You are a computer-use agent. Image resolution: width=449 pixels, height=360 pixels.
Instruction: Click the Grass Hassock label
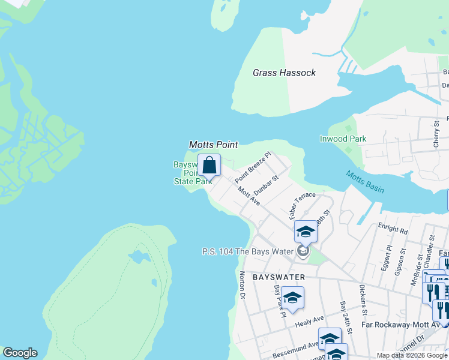pyautogui.click(x=284, y=73)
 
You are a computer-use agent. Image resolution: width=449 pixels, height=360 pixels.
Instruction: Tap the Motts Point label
pyautogui.click(x=214, y=145)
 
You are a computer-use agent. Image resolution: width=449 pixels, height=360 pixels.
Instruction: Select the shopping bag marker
pyautogui.click(x=209, y=165)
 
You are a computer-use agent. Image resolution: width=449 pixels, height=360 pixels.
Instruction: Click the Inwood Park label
pyautogui.click(x=343, y=139)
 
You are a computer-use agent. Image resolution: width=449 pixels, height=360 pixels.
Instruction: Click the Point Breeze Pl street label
pyautogui.click(x=253, y=167)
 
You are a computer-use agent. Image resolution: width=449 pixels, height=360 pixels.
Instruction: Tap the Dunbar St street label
pyautogui.click(x=267, y=185)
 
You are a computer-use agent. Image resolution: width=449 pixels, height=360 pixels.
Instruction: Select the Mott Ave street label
pyautogui.click(x=249, y=196)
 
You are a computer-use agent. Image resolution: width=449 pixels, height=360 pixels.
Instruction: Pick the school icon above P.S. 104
pyautogui.click(x=305, y=232)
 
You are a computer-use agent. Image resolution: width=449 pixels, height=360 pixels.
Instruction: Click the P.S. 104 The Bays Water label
pyautogui.click(x=247, y=251)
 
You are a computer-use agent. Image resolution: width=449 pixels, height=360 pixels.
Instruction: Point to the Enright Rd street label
pyautogui.click(x=393, y=230)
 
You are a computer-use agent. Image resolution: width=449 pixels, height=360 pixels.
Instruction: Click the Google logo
pyautogui.click(x=20, y=353)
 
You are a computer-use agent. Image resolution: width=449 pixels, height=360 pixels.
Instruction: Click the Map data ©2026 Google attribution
pyautogui.click(x=412, y=355)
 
